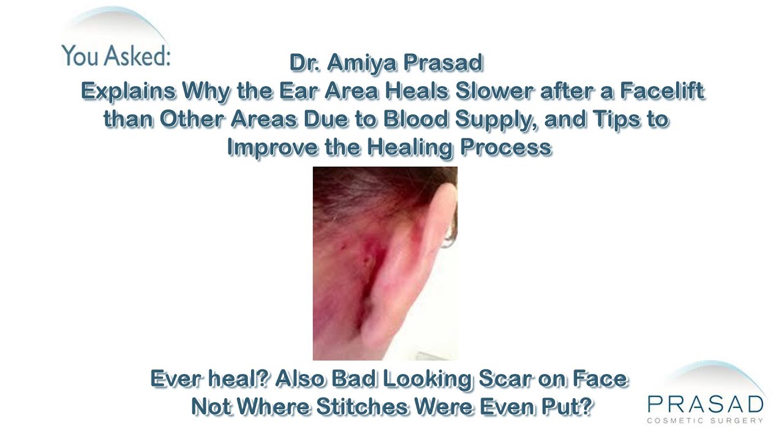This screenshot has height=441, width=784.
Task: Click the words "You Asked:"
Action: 115,56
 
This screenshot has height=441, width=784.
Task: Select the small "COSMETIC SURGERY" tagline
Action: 705,421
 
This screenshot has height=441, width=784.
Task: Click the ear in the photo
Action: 422,245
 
